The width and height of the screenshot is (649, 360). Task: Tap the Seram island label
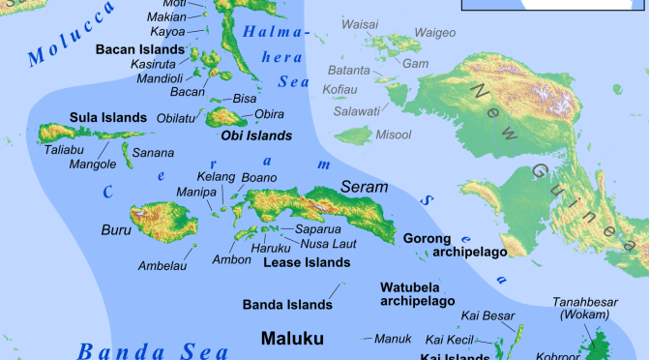point(364,186)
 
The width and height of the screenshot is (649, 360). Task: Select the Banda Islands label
point(287,305)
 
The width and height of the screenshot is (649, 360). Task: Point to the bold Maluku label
point(292,339)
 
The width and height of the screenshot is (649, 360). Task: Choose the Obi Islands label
point(256,135)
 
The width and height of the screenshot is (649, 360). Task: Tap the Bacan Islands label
point(139,48)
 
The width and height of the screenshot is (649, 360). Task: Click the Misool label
point(393,135)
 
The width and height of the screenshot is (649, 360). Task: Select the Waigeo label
point(434,33)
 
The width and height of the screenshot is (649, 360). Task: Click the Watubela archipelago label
point(417,294)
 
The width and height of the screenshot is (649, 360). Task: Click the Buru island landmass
point(157,222)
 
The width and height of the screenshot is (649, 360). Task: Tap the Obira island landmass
point(228,118)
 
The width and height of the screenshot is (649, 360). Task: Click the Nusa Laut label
point(331,244)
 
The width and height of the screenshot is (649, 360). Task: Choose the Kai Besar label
point(488,316)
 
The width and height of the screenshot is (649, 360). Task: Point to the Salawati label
point(356,111)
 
